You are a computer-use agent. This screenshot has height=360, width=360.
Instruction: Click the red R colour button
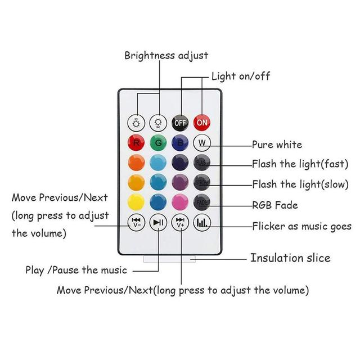[x=137, y=143]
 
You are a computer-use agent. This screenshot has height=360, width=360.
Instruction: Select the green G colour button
[x=159, y=143]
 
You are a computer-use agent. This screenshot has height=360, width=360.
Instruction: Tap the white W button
[x=202, y=143]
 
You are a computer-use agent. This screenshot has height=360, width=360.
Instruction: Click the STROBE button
[x=202, y=183]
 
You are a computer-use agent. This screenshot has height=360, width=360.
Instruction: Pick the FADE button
[x=202, y=202]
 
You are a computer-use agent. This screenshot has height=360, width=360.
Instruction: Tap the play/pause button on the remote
[x=159, y=223]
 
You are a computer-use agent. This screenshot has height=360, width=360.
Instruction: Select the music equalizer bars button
[x=202, y=223]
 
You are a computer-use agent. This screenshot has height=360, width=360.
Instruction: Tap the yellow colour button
[x=137, y=202]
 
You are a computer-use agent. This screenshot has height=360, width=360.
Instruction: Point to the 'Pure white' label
[x=277, y=145]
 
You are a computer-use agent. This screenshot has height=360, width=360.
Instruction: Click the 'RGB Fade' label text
[x=275, y=205]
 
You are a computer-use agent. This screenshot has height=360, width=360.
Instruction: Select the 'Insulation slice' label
[x=290, y=258]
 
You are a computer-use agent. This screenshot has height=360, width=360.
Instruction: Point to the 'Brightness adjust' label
[x=166, y=55]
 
